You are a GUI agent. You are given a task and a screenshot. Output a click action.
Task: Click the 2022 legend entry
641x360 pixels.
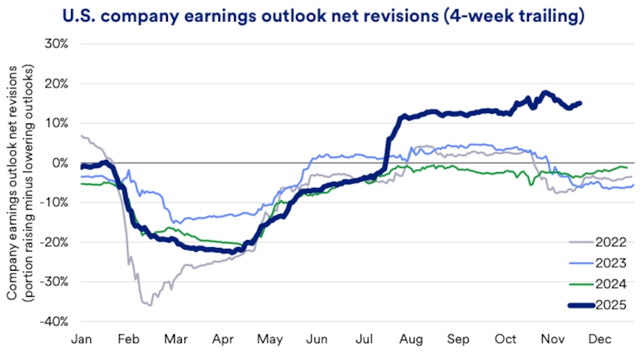click(x=600, y=243)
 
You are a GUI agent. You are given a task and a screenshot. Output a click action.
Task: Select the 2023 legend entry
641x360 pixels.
click(x=600, y=264)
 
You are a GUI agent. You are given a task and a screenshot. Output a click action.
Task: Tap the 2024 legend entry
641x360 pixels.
click(x=600, y=284)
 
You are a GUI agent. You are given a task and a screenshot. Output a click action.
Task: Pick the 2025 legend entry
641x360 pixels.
click(x=600, y=305)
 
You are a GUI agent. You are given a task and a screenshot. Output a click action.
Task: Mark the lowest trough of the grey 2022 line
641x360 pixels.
click(x=147, y=305)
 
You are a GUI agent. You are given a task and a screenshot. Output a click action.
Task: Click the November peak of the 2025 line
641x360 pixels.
click(x=544, y=93)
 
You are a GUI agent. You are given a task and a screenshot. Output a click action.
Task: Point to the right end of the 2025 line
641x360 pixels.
click(x=580, y=103)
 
